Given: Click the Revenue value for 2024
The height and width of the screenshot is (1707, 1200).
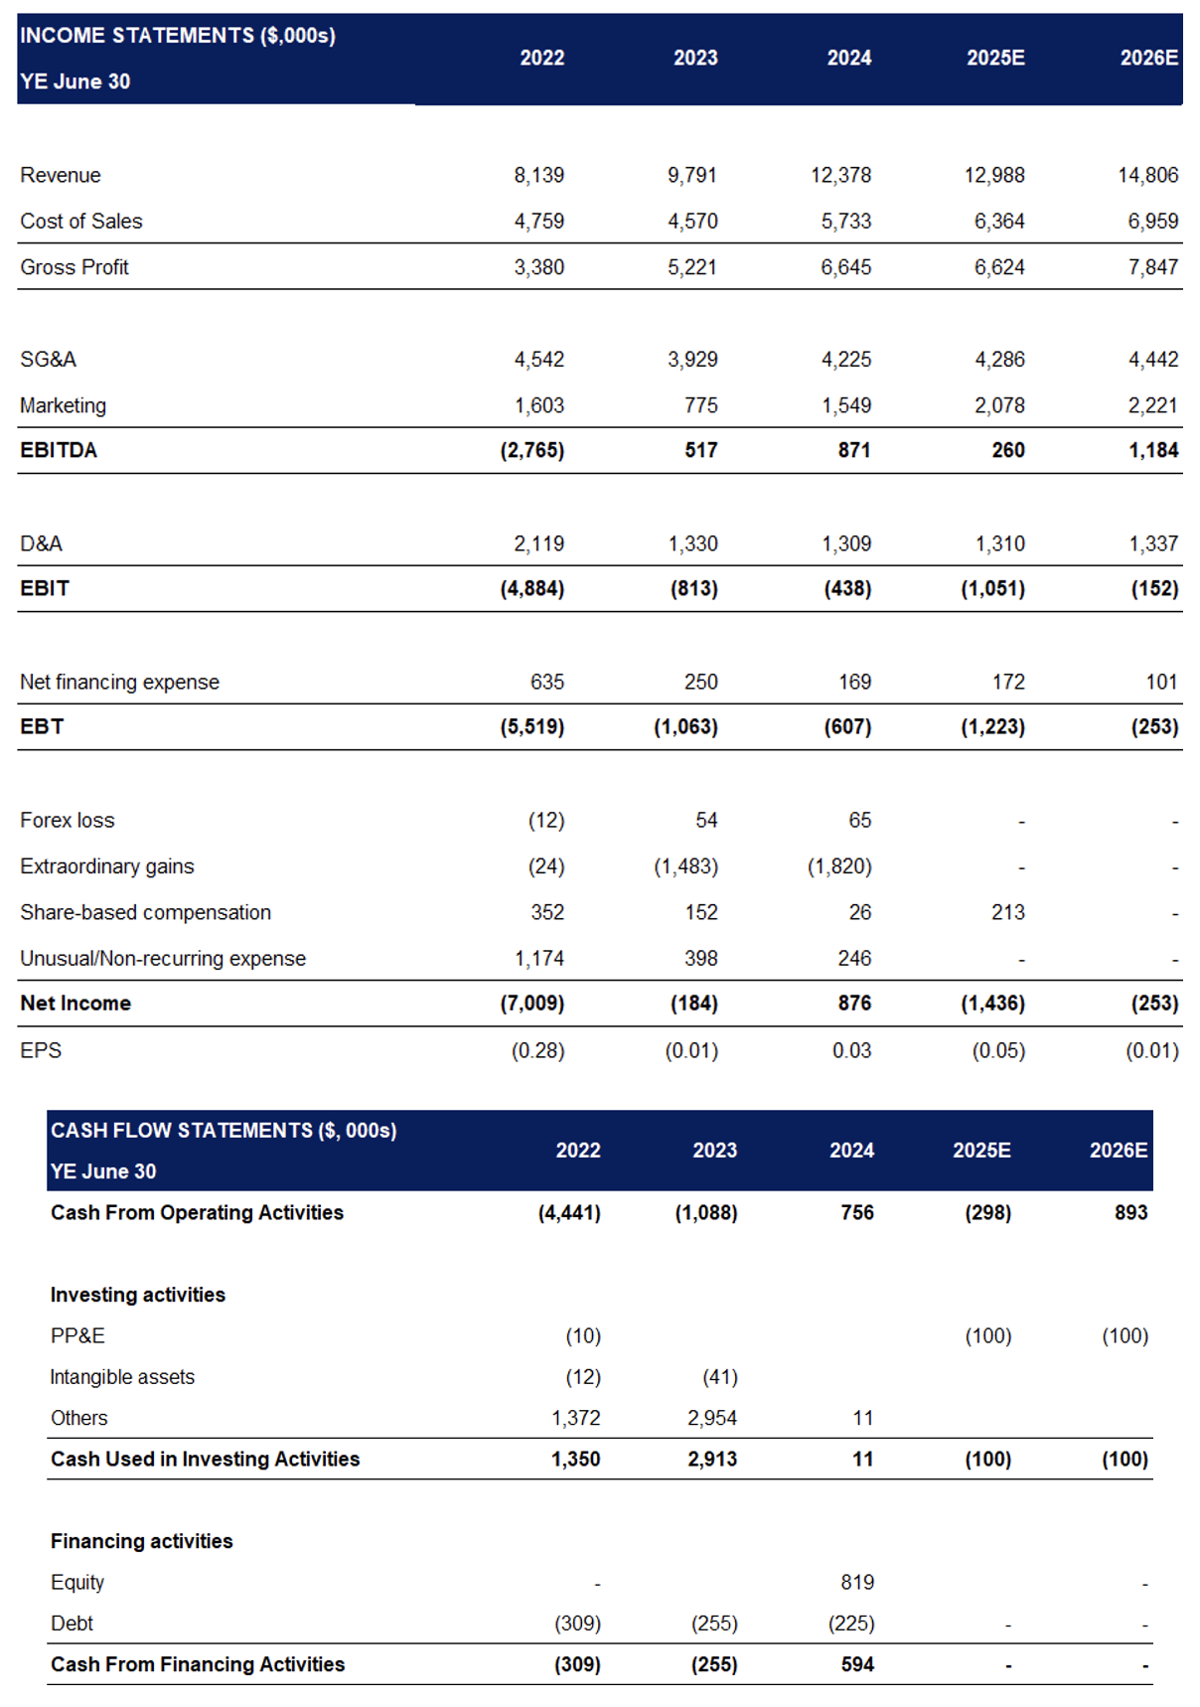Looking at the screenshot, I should coord(840,175).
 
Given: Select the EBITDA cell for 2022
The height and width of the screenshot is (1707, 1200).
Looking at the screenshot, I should coord(532,450).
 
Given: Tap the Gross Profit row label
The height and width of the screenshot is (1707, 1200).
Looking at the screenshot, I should coord(75,267).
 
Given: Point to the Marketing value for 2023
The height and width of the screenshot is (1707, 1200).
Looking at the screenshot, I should coord(700,405).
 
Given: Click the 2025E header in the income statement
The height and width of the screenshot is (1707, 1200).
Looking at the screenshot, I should coord(995,58).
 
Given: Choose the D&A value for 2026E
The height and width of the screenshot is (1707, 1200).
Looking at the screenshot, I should coord(1153,543).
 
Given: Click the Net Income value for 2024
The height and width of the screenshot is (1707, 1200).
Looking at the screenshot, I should coord(854,1004).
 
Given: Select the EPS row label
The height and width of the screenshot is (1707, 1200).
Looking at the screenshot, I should coord(41,1050).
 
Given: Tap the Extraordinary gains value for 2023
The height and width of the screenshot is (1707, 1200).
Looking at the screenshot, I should coord(685,866).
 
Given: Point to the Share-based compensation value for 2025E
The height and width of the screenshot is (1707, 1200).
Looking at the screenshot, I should coord(1007,912).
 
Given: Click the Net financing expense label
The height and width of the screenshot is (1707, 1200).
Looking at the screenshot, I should coord(119,682).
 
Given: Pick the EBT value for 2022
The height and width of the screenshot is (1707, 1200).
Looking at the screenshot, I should coord(532,726).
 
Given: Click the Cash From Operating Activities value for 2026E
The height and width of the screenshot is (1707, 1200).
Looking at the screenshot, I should coord(1130,1212).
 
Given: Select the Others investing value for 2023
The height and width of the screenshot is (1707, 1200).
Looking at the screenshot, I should coord(712,1418).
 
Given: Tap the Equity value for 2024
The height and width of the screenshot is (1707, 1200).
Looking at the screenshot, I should coord(857,1582).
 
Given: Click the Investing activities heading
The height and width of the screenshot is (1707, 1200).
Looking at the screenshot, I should coord(138,1295).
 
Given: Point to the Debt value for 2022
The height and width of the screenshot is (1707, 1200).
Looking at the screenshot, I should coord(577,1624).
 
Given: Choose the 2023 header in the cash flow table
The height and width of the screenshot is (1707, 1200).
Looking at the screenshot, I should coord(714,1150).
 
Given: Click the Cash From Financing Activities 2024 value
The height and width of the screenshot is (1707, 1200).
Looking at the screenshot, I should coord(857,1664).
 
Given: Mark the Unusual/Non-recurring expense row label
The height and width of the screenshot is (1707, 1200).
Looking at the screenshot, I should coord(163,958).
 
